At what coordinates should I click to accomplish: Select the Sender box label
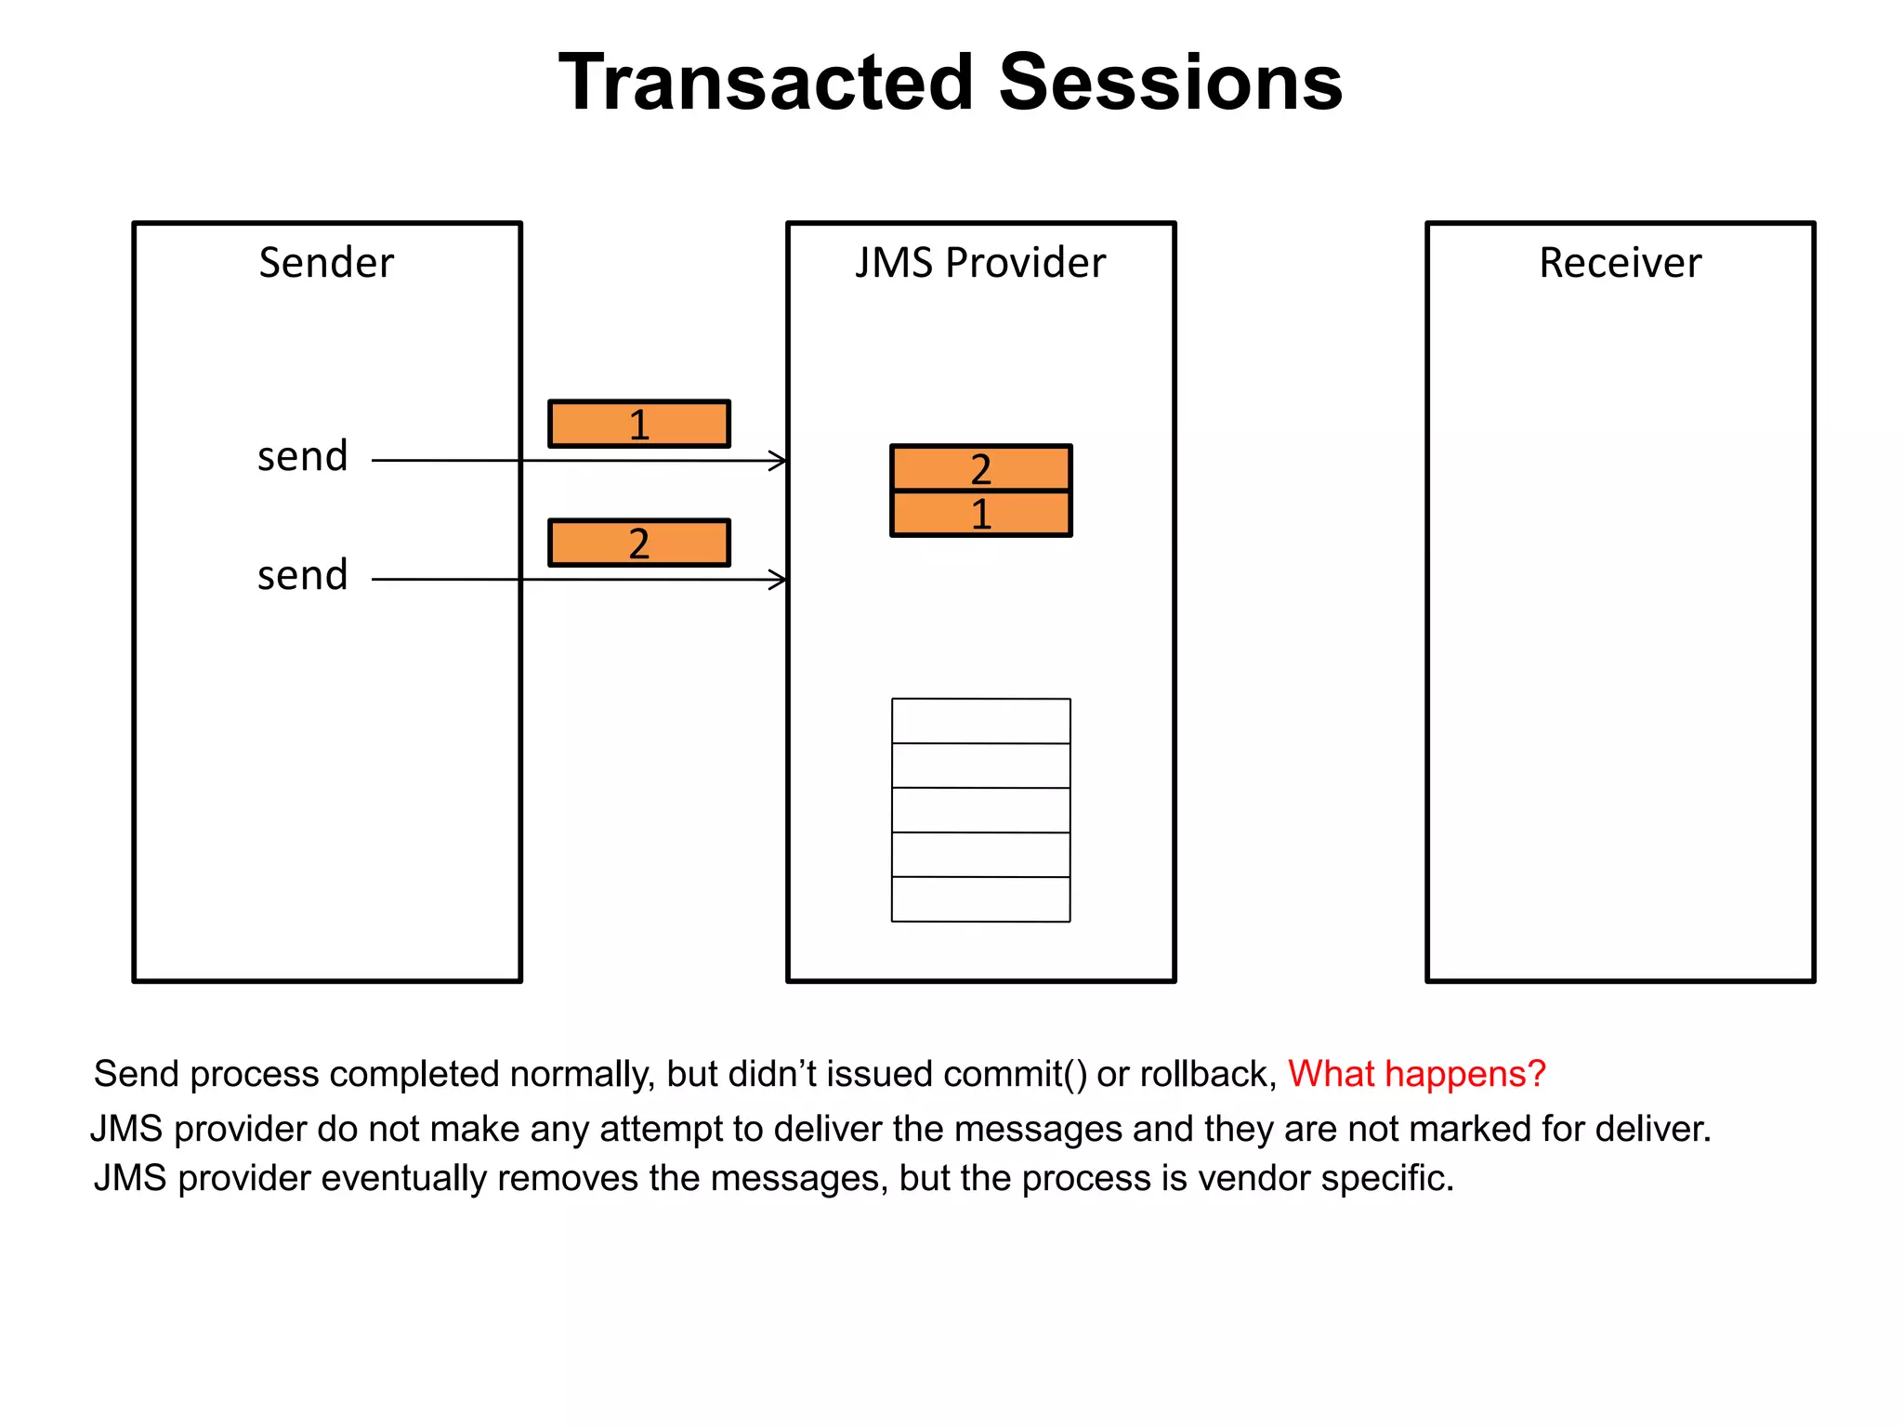(x=326, y=263)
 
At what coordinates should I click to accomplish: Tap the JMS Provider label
(x=980, y=263)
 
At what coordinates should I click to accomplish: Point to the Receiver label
(x=1620, y=263)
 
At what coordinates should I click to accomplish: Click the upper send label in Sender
(x=302, y=457)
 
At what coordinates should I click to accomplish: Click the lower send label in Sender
(x=302, y=576)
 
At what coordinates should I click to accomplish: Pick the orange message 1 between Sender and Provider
(x=639, y=425)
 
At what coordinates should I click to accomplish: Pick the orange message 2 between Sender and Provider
(x=639, y=543)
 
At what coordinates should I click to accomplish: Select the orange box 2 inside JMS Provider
(x=980, y=468)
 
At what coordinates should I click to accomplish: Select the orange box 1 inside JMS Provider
(x=980, y=514)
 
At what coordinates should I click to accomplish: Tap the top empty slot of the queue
(x=980, y=721)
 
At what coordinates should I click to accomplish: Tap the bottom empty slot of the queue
(x=980, y=899)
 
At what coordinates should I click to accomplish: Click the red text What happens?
(x=1416, y=1074)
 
